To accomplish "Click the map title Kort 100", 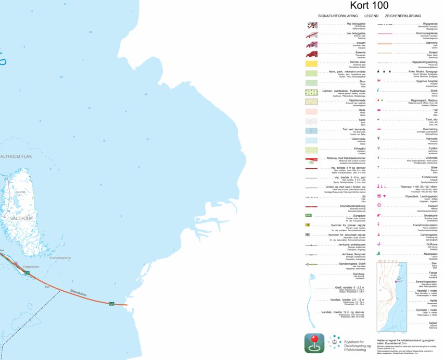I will (x=369, y=6).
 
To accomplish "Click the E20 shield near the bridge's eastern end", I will (x=111, y=304).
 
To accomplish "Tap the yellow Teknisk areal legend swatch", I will (x=312, y=63).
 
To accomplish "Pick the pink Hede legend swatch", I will (x=312, y=111).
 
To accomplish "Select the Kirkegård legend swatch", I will (x=312, y=150).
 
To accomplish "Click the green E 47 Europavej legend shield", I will (x=308, y=215).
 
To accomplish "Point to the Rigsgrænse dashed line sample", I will (x=385, y=24).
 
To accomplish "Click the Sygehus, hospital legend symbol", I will (x=379, y=81).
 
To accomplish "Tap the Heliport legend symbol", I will (x=379, y=205).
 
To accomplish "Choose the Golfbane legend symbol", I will (x=379, y=244).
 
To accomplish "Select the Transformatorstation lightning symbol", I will (x=379, y=225).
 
